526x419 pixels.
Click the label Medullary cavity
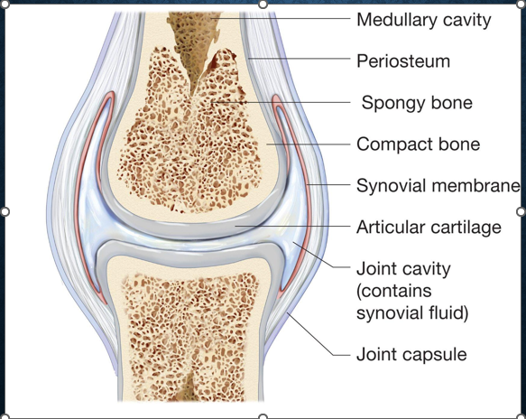[424, 20]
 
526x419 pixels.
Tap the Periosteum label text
[403, 61]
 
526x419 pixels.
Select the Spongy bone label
[417, 103]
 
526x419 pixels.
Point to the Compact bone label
[418, 144]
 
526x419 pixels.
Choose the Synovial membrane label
[438, 185]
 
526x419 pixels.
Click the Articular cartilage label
[429, 228]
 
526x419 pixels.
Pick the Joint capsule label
[411, 355]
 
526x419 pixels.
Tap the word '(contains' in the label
[394, 291]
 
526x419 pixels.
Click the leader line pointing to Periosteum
[300, 59]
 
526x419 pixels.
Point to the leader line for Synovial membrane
[328, 184]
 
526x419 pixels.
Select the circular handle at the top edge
[263, 5]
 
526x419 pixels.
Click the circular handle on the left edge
[5, 211]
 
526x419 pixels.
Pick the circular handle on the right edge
[521, 211]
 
